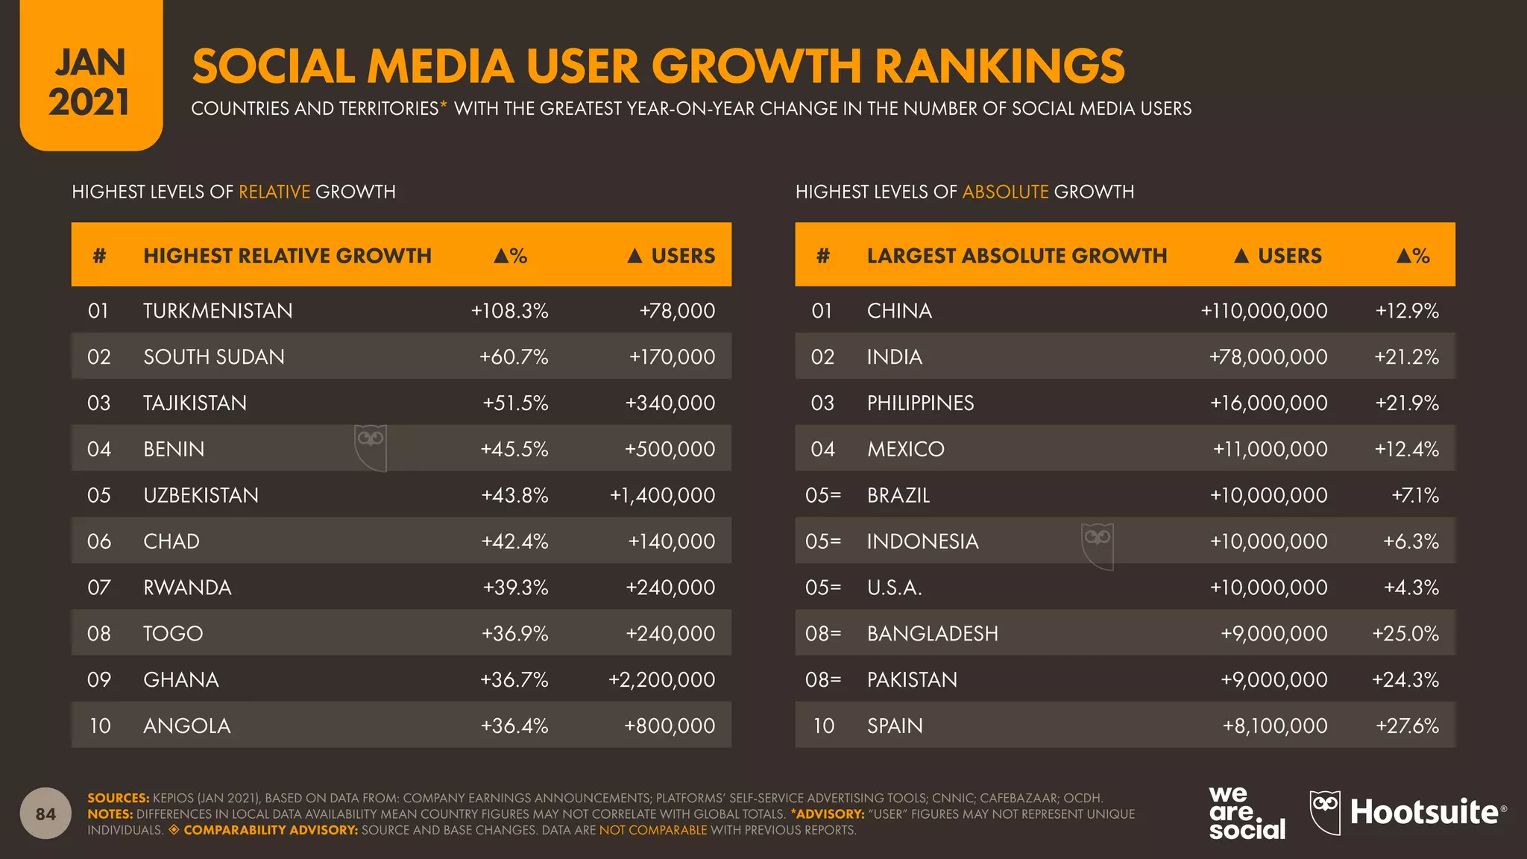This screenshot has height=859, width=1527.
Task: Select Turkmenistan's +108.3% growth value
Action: (509, 311)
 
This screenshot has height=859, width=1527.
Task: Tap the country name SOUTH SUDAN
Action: (214, 357)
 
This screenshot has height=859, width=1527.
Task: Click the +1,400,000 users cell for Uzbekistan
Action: (662, 495)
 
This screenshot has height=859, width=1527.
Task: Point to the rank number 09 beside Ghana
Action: (99, 680)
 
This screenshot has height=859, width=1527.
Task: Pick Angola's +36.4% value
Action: (514, 726)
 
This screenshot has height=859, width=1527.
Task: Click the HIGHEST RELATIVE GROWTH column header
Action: (287, 256)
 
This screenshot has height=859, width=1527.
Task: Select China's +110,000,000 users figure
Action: (1264, 311)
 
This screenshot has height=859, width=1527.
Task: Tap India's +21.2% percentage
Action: (1406, 357)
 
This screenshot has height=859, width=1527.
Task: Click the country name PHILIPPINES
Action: (920, 403)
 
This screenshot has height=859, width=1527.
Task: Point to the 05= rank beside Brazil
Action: (823, 496)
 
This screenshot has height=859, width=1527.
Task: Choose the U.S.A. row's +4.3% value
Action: (1411, 588)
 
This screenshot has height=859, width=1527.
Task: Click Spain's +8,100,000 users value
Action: (1275, 726)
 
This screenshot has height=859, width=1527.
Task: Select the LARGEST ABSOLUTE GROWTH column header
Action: (1016, 256)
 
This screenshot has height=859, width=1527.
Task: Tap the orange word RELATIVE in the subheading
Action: (274, 192)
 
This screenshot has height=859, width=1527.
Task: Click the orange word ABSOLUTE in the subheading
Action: (1005, 192)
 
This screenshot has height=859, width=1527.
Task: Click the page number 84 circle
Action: (45, 814)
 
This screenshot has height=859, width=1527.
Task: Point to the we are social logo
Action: (1246, 813)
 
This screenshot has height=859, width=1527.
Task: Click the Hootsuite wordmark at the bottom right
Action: (1424, 812)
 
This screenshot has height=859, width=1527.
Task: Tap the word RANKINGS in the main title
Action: (999, 66)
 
